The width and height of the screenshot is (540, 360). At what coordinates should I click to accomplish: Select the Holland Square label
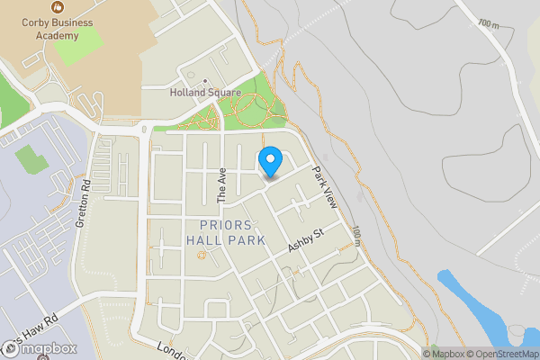[205, 93]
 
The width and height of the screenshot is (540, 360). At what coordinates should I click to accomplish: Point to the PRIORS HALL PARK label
[226, 232]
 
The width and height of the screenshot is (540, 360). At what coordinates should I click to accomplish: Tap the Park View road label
[324, 187]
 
